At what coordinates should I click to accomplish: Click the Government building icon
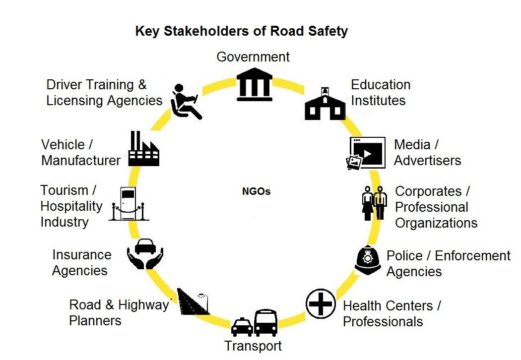point(255,84)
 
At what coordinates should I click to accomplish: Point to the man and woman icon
point(374,203)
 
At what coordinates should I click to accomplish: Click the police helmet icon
point(368,260)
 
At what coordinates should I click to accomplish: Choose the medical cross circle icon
point(321,304)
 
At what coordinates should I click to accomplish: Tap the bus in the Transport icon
point(266,322)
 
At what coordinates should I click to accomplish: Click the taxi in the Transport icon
point(242,327)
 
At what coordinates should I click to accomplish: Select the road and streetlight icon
point(193,301)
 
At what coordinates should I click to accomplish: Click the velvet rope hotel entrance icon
point(129,204)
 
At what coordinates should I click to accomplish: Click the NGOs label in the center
point(256,191)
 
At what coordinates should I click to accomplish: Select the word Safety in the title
point(328,31)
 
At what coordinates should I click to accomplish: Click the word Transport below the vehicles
point(253,346)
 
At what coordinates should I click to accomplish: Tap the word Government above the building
point(253,57)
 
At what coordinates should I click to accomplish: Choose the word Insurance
point(82,255)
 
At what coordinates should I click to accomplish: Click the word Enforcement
point(472,256)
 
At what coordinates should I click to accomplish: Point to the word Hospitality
point(71,207)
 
